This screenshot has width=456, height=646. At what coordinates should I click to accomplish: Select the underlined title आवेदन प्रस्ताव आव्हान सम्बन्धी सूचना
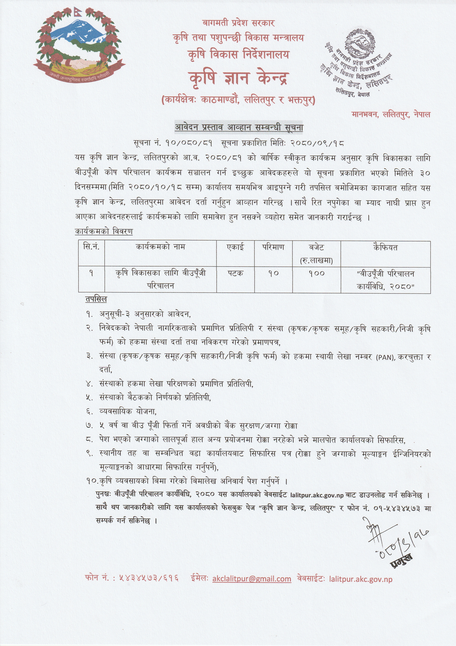[x=239, y=127]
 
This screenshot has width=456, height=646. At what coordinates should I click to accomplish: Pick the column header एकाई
[x=235, y=247]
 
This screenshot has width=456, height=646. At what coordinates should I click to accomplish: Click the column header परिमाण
[x=273, y=247]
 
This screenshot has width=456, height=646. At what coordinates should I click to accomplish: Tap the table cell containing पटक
[x=235, y=273]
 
